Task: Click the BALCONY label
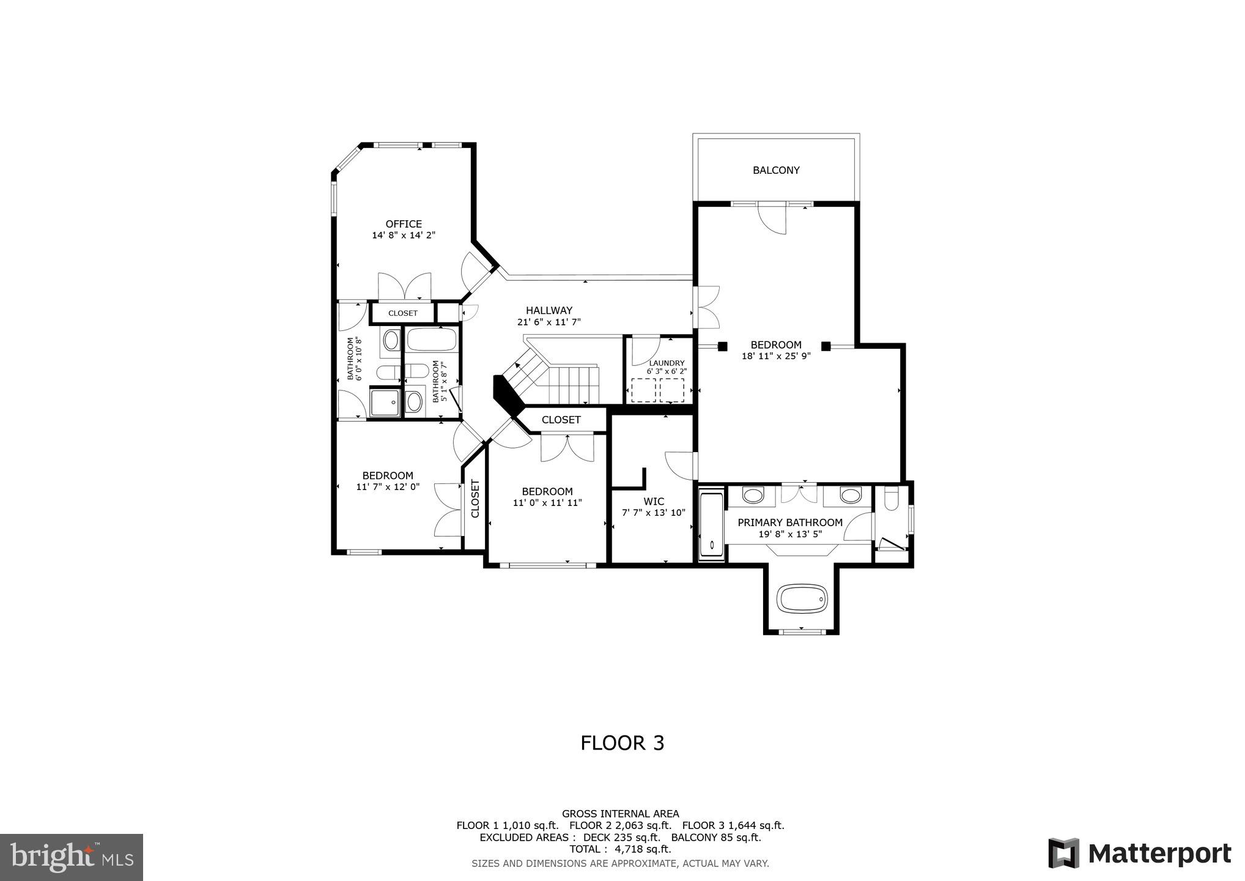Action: click(x=776, y=170)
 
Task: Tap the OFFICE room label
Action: click(x=404, y=224)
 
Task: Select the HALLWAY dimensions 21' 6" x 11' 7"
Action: click(x=549, y=322)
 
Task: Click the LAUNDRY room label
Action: click(x=667, y=363)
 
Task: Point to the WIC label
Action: click(x=654, y=501)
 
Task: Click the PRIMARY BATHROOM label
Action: click(x=790, y=522)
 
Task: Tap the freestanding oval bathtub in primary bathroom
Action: click(x=802, y=598)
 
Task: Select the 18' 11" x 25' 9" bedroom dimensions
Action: click(x=776, y=356)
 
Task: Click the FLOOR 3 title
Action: click(x=622, y=743)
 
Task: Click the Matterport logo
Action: click(x=1139, y=853)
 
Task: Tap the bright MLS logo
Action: click(x=72, y=857)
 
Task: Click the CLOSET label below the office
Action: click(x=403, y=313)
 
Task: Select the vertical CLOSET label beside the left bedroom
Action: click(x=475, y=499)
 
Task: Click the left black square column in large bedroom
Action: click(x=722, y=346)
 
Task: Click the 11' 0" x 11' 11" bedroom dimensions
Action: click(x=547, y=503)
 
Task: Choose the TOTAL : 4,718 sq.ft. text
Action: click(x=620, y=849)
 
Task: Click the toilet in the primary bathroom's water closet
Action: click(x=891, y=499)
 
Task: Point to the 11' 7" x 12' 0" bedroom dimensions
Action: click(x=388, y=487)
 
